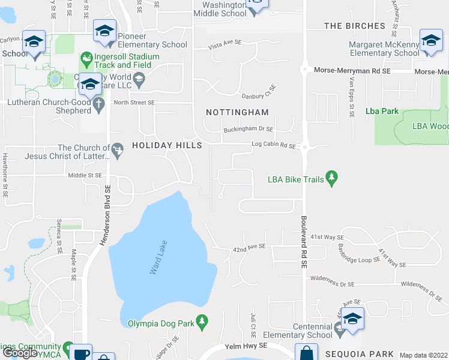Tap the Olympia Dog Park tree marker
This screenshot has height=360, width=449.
tap(202, 323)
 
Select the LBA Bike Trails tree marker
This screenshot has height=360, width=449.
tap(331, 178)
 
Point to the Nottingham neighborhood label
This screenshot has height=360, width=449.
tap(237, 112)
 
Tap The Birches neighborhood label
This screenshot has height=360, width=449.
tap(354, 26)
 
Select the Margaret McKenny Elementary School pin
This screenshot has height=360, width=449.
tap(430, 41)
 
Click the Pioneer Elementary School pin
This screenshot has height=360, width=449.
tap(104, 31)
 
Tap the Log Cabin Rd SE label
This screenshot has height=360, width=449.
tap(274, 145)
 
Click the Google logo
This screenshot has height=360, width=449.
tap(20, 353)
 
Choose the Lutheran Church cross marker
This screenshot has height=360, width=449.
tap(100, 102)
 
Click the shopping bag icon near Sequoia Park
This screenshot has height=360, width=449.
tap(306, 353)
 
